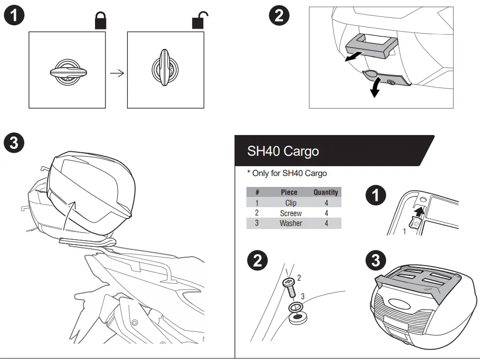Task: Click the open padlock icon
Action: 199,20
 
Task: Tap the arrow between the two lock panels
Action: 116,73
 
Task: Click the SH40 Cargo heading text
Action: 283,151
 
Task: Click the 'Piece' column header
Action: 289,192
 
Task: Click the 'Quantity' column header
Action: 326,192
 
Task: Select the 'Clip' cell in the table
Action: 290,203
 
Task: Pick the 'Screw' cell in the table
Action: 290,213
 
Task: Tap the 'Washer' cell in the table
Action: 290,223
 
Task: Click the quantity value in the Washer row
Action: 326,223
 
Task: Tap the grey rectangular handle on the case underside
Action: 369,45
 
